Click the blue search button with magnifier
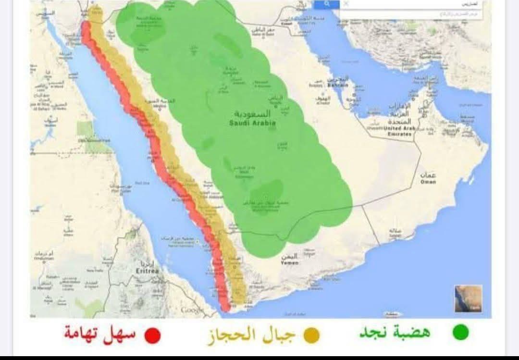327,4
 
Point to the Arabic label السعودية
253,114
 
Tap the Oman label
428,182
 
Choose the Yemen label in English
289,263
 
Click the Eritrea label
147,272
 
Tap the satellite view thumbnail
468,298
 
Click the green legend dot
460,333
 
